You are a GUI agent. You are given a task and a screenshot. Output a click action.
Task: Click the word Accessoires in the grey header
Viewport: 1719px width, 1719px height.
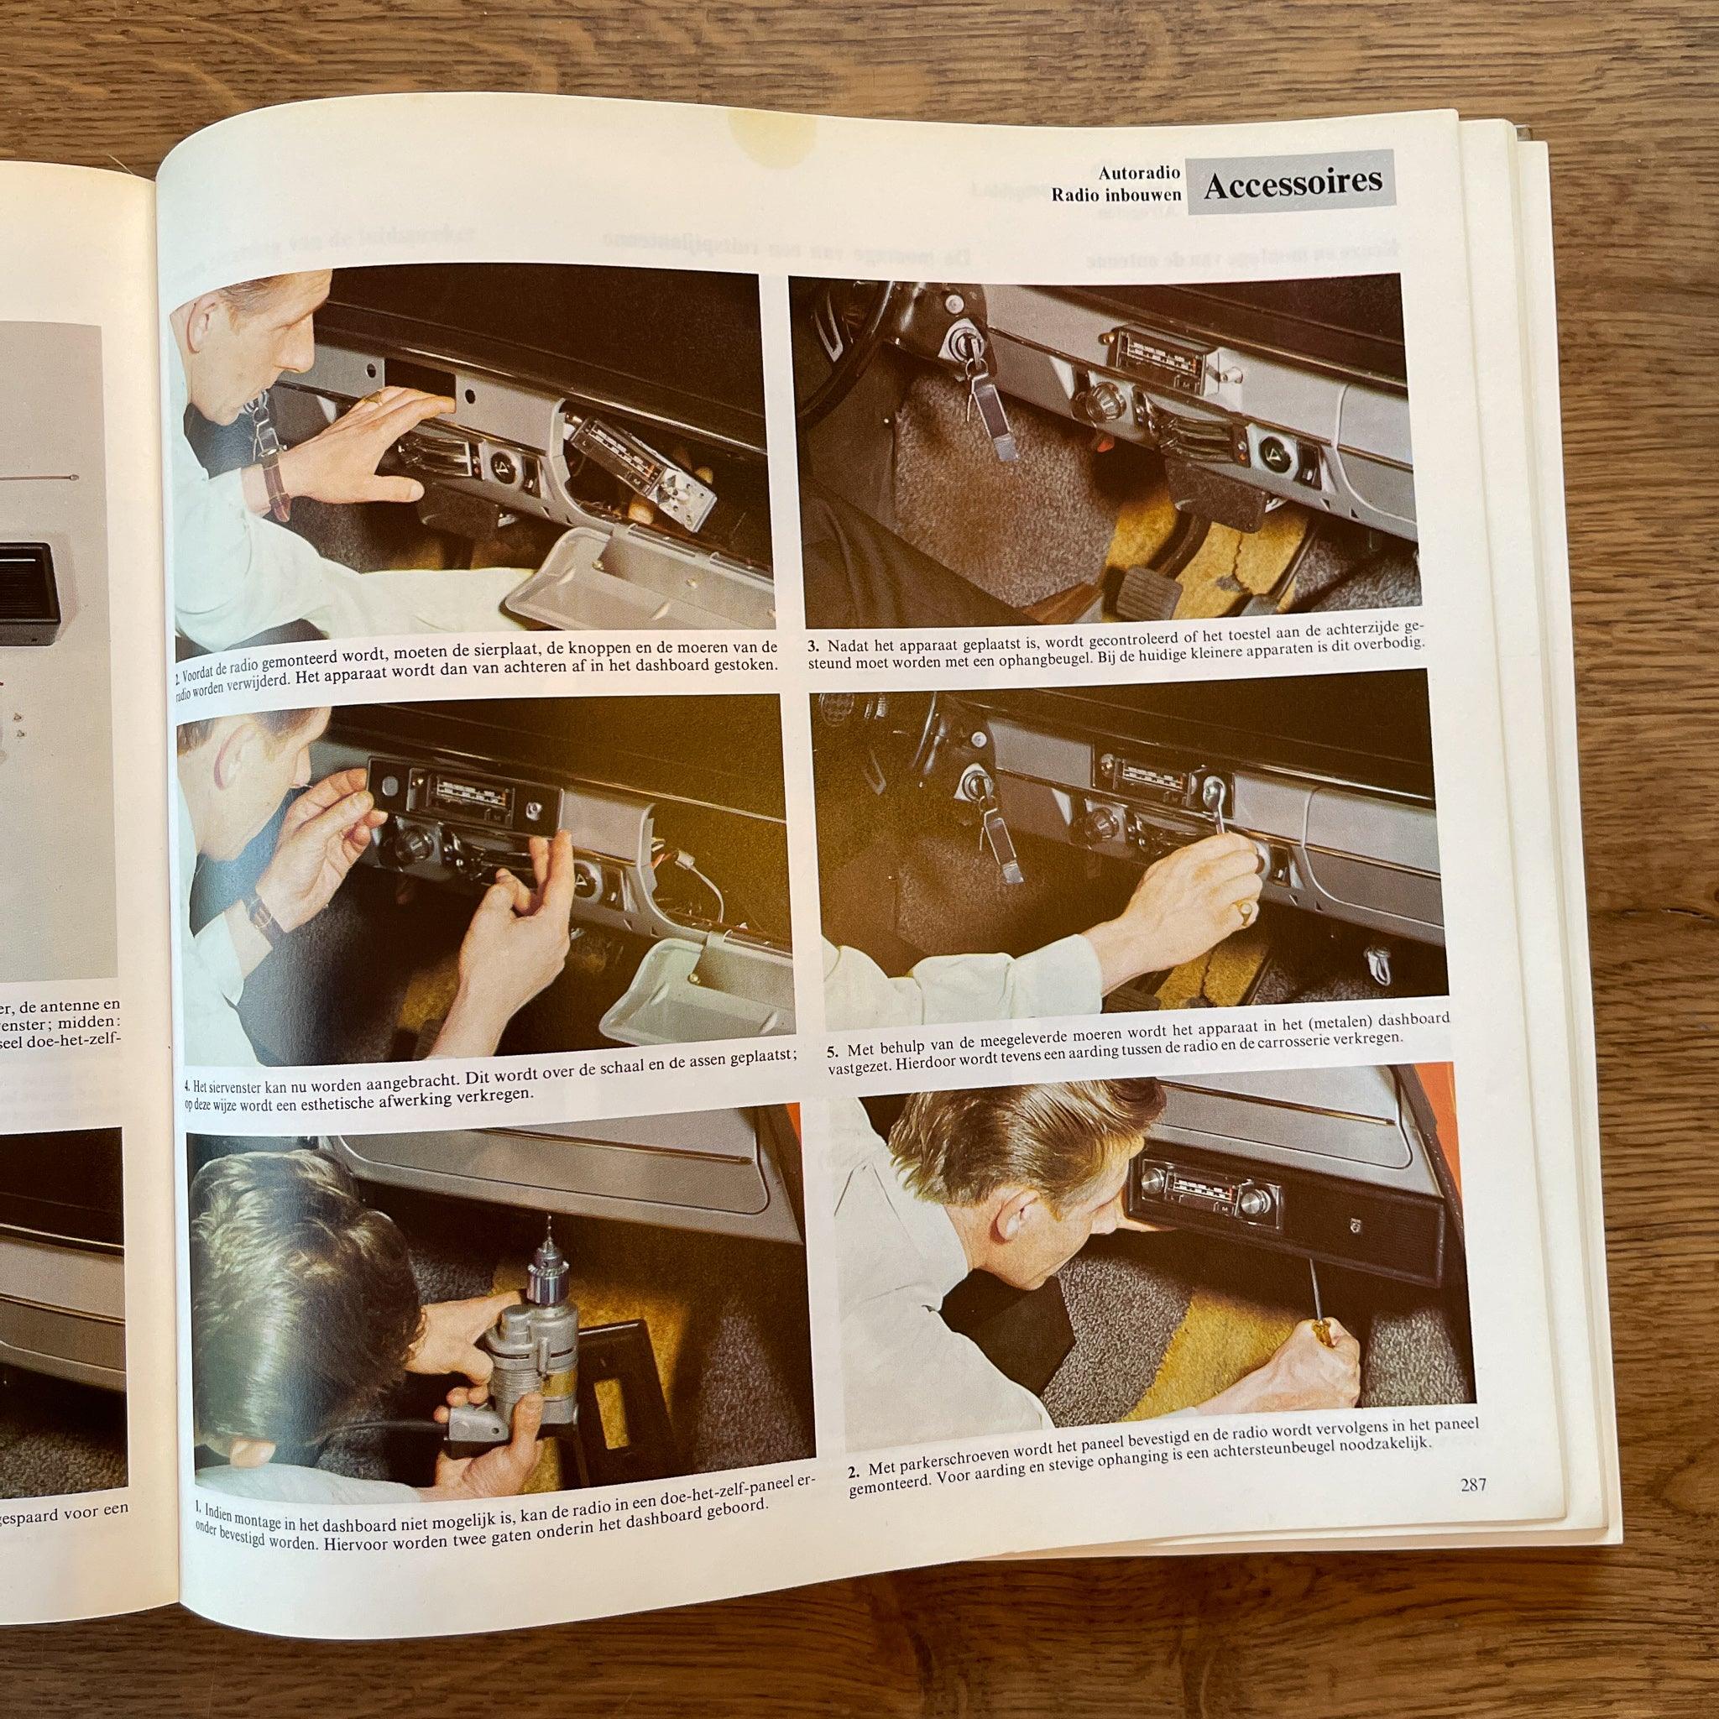(x=1293, y=182)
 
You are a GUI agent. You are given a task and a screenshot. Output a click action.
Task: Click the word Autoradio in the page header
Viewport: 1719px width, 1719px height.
(x=1139, y=173)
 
